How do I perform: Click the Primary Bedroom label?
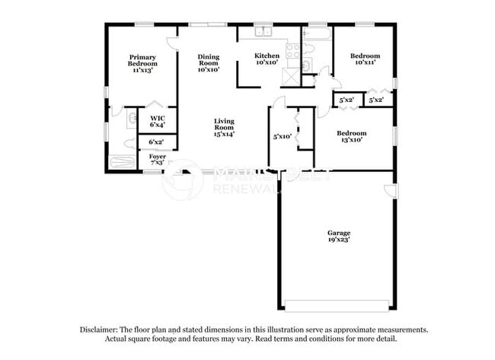[142, 62]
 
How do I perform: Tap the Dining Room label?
[209, 62]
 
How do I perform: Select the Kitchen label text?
[267, 59]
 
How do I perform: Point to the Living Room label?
[224, 127]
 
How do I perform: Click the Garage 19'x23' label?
[339, 236]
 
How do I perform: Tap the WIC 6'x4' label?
[158, 121]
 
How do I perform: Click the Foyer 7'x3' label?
[158, 159]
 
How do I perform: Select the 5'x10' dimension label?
[283, 137]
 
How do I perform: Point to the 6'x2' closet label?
[157, 142]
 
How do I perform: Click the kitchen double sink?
[264, 32]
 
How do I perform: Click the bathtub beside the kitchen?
[317, 33]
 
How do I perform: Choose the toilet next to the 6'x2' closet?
[130, 142]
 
